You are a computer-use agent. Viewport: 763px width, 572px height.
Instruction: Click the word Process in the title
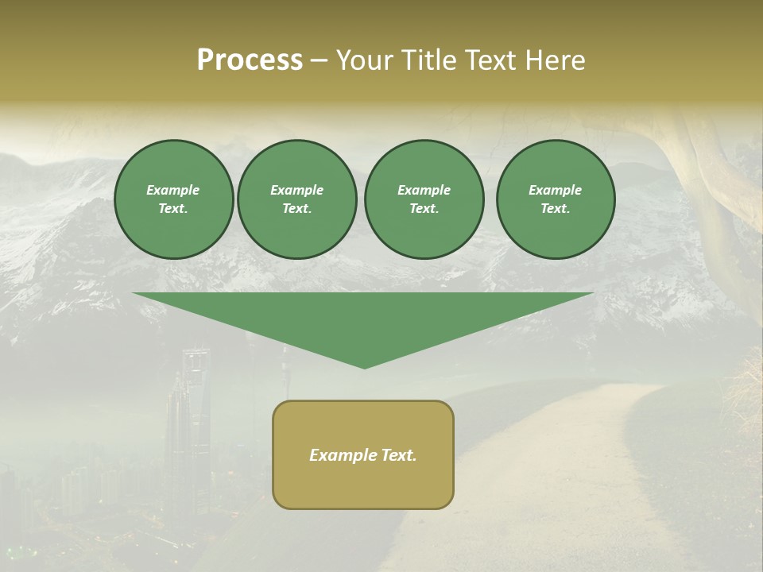coord(250,60)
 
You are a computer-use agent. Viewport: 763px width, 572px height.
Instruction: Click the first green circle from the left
coord(173,199)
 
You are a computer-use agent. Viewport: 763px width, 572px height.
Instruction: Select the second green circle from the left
coord(296,199)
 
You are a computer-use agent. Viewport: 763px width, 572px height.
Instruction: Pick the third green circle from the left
coord(424,199)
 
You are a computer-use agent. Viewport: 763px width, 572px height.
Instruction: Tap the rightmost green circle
coord(556,199)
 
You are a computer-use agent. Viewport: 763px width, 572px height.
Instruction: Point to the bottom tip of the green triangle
coord(364,367)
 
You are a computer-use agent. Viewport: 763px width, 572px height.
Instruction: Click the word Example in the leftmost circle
coord(173,190)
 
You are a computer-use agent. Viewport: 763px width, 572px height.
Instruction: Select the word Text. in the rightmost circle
coord(556,209)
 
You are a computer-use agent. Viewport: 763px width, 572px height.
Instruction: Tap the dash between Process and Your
coord(320,60)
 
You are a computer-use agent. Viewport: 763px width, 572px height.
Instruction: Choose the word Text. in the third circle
coord(424,209)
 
